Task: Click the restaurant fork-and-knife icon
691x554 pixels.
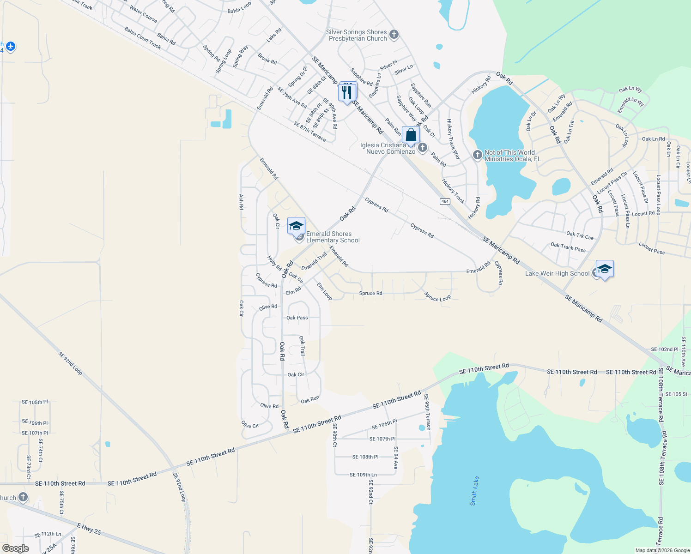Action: pyautogui.click(x=347, y=92)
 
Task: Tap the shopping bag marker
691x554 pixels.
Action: pyautogui.click(x=411, y=135)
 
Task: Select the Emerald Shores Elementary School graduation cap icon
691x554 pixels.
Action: pyautogui.click(x=296, y=226)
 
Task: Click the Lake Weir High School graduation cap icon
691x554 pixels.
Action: pyautogui.click(x=605, y=269)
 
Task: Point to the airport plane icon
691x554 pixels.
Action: pyautogui.click(x=11, y=47)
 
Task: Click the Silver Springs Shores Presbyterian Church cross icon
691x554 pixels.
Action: pyautogui.click(x=394, y=35)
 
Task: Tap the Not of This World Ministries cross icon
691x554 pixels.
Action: pyautogui.click(x=478, y=155)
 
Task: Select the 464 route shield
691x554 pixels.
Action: pyautogui.click(x=445, y=201)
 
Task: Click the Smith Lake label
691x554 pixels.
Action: pyautogui.click(x=475, y=491)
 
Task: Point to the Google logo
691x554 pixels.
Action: pyautogui.click(x=15, y=548)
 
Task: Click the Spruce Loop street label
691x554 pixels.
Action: pyautogui.click(x=437, y=298)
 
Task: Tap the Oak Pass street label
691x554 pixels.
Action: pyautogui.click(x=297, y=318)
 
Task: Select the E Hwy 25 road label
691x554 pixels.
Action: pyautogui.click(x=89, y=529)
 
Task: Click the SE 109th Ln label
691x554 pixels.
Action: pyautogui.click(x=363, y=475)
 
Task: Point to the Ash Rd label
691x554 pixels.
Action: pyautogui.click(x=241, y=202)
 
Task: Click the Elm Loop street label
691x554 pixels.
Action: pyautogui.click(x=324, y=291)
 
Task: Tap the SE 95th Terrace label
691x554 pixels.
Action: pyautogui.click(x=428, y=412)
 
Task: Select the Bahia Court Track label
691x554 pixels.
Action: pyautogui.click(x=143, y=38)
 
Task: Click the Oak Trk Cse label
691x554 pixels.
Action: pyautogui.click(x=580, y=235)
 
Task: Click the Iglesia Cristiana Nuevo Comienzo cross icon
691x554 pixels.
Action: pyautogui.click(x=422, y=148)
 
